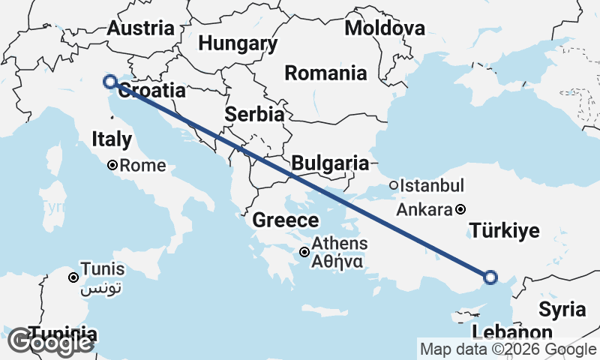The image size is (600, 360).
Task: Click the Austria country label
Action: coord(140,28)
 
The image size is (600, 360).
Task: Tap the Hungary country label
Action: coord(238,43)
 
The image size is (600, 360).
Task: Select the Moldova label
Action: coord(385,28)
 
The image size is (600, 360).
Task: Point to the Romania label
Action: coord(325,73)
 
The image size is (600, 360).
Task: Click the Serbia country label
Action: coord(255,115)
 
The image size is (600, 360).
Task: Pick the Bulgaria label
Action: coord(330,163)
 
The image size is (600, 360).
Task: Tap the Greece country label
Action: coord(285,220)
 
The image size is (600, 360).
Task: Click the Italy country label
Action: coord(112,139)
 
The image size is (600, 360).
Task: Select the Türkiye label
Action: coord(504,230)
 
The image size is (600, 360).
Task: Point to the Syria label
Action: coord(562,309)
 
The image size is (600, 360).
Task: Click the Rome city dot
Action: coord(112,166)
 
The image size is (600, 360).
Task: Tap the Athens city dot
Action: coord(304,253)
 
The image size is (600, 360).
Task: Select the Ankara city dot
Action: coord(460,210)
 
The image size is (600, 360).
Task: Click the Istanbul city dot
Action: coord(393,185)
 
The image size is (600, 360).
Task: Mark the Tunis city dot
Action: coord(73,278)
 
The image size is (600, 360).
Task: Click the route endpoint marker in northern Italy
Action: coord(110,82)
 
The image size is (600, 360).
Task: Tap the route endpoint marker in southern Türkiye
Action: coord(490,277)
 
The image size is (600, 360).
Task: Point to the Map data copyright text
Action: coord(508,349)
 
